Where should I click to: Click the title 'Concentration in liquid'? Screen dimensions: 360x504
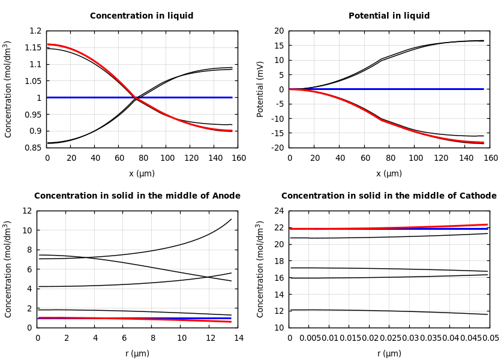click(142, 16)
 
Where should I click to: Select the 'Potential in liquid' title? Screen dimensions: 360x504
click(389, 16)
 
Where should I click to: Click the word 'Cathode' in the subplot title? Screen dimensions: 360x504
click(477, 196)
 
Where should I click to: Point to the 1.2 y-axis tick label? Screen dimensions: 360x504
click(36, 31)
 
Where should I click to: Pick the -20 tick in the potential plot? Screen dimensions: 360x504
click(277, 148)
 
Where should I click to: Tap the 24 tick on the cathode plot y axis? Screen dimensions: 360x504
click(278, 211)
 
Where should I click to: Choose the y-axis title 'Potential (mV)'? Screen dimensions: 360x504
click(260, 89)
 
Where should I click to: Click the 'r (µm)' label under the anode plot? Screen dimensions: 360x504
click(137, 353)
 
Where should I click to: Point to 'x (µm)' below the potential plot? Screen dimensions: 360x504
click(389, 173)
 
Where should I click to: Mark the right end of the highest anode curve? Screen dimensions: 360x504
click(231, 219)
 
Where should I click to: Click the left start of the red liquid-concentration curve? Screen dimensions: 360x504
click(48, 44)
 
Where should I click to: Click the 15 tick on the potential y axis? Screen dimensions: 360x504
click(278, 46)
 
